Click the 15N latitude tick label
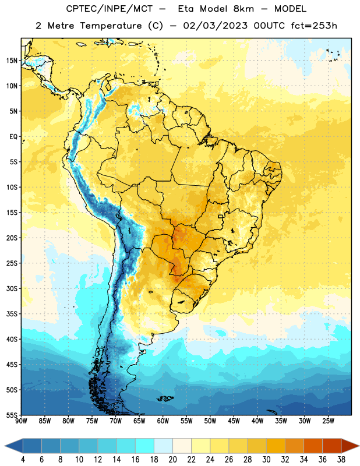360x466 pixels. coord(12,61)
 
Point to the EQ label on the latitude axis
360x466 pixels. coord(13,137)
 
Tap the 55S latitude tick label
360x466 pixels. coord(12,415)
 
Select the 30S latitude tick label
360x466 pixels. coord(12,288)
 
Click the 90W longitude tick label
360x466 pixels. coord(21,421)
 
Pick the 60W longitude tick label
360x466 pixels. coord(163,421)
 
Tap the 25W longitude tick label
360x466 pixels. coord(329,421)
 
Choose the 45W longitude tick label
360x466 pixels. coord(234,421)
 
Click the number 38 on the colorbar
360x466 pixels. coord(341,460)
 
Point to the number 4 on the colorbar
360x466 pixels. coord(23,460)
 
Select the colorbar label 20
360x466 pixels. coord(172,460)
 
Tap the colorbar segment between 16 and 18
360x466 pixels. coord(145,446)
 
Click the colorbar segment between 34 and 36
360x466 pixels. coord(313,446)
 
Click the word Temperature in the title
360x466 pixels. coord(111,26)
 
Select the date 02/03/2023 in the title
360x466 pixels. coord(215,26)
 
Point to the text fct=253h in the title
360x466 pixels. coord(314,26)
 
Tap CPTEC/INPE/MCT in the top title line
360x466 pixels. coord(109,9)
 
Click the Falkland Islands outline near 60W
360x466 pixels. coord(165,398)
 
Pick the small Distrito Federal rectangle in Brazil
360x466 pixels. coord(221,216)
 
